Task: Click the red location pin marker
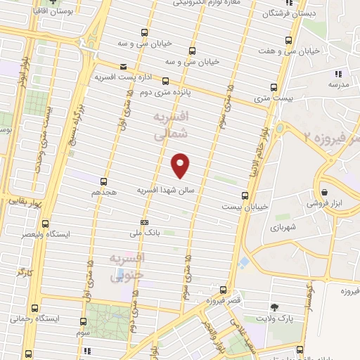(x=181, y=165)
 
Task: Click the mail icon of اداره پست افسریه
(x=124, y=67)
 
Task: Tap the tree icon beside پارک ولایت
(x=274, y=307)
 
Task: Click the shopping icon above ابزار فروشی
(x=323, y=191)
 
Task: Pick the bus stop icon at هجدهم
(x=104, y=181)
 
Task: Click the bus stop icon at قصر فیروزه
(x=223, y=289)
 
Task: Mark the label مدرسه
(x=338, y=84)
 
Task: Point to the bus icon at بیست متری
(x=274, y=88)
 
